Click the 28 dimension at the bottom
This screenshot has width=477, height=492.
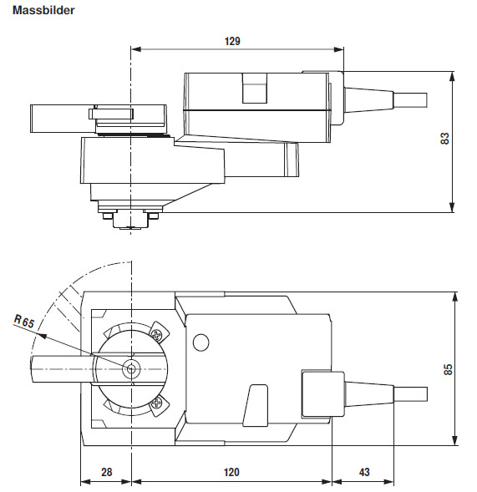tap(106, 472)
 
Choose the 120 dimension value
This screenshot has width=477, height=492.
tap(231, 472)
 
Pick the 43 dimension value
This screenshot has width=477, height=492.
tap(364, 472)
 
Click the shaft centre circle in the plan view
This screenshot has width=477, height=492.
tap(131, 368)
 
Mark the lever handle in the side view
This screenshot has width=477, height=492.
tap(60, 116)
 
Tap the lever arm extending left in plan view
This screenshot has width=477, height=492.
tap(58, 368)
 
